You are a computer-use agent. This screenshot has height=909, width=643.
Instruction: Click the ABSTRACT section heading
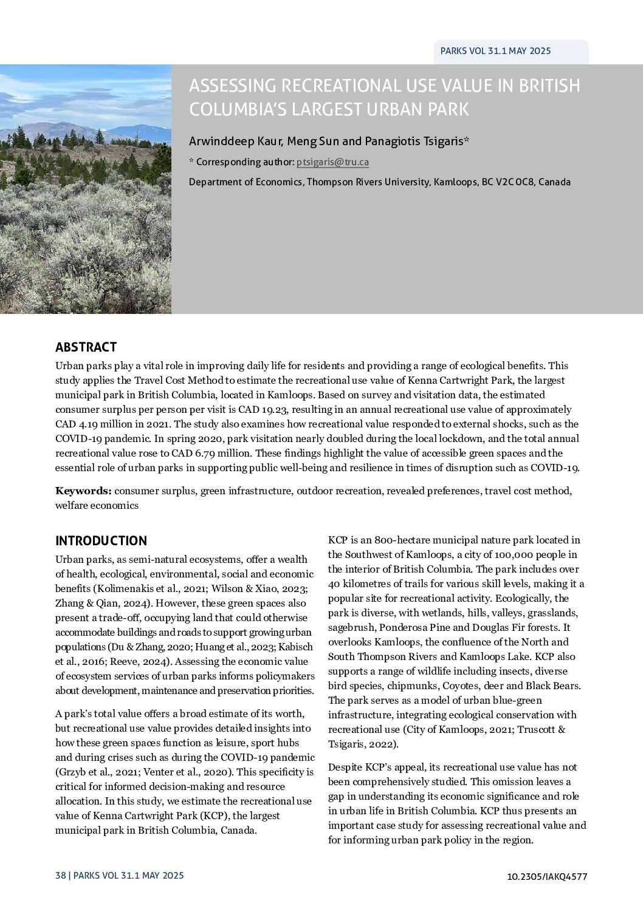click(86, 347)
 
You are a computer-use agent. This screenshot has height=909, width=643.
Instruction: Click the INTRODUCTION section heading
click(101, 541)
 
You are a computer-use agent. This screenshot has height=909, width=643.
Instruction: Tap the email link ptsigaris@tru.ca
click(332, 162)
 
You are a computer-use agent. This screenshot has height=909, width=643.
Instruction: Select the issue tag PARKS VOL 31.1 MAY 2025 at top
click(496, 51)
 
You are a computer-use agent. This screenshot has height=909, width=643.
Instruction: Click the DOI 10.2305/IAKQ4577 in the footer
click(546, 876)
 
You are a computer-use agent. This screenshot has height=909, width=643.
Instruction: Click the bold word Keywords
click(83, 491)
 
